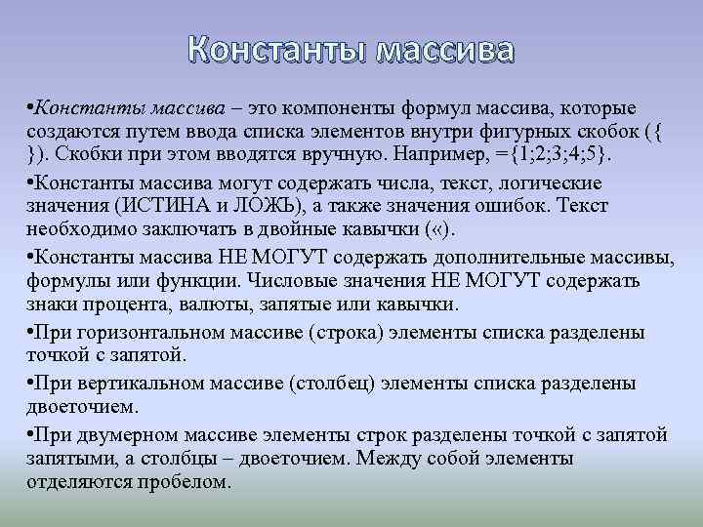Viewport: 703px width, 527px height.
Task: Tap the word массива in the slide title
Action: (444, 50)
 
